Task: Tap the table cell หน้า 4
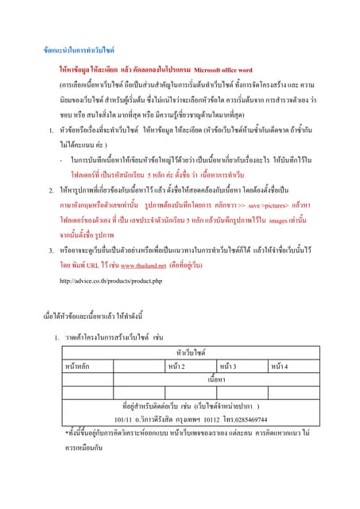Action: pos(281,364)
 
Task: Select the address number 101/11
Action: pos(124,418)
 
